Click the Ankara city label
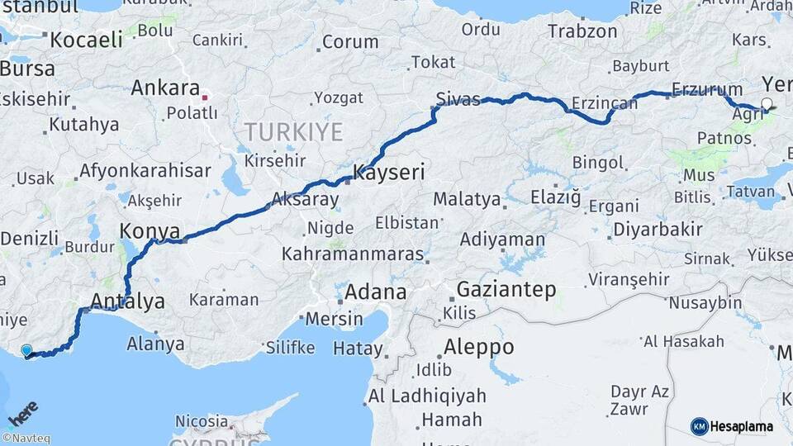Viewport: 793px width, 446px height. click(165, 88)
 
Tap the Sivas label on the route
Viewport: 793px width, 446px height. click(458, 99)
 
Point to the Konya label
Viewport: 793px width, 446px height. click(145, 230)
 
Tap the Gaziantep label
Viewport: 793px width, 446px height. click(506, 290)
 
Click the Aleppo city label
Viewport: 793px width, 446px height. click(478, 346)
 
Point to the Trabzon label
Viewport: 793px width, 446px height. click(582, 31)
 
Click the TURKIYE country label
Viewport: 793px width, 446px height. click(292, 131)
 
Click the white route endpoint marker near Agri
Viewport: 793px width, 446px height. click(767, 104)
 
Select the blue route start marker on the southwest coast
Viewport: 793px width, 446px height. click(27, 351)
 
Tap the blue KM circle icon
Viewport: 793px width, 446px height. click(699, 426)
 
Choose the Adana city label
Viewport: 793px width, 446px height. click(375, 292)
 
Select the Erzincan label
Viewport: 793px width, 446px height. click(605, 104)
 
